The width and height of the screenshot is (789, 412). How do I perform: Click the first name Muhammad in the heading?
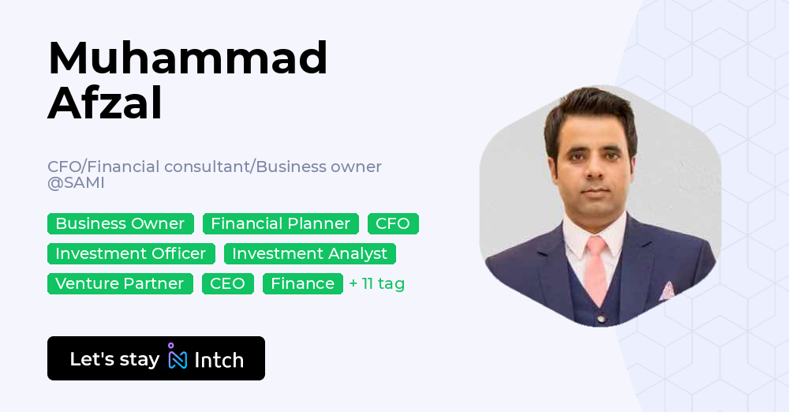[x=188, y=58]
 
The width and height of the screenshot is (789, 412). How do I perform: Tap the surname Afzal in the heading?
[x=105, y=103]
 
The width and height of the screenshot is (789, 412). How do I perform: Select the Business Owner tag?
[x=120, y=223]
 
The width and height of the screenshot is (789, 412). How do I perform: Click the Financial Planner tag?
[x=280, y=223]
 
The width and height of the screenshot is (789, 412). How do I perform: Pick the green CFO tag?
[x=393, y=223]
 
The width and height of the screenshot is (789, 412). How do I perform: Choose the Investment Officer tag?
[x=131, y=253]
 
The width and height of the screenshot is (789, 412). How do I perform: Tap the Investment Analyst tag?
[x=309, y=253]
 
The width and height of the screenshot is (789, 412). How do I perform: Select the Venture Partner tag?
[x=120, y=283]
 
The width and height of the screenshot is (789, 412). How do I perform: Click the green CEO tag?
[x=227, y=283]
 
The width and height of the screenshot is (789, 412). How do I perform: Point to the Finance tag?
[x=302, y=283]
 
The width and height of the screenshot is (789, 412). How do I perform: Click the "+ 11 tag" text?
[x=377, y=283]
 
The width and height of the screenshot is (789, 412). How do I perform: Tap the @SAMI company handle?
[x=76, y=183]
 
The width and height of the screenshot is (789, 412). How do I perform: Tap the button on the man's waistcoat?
[x=600, y=319]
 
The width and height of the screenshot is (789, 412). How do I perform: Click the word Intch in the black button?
[x=219, y=360]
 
